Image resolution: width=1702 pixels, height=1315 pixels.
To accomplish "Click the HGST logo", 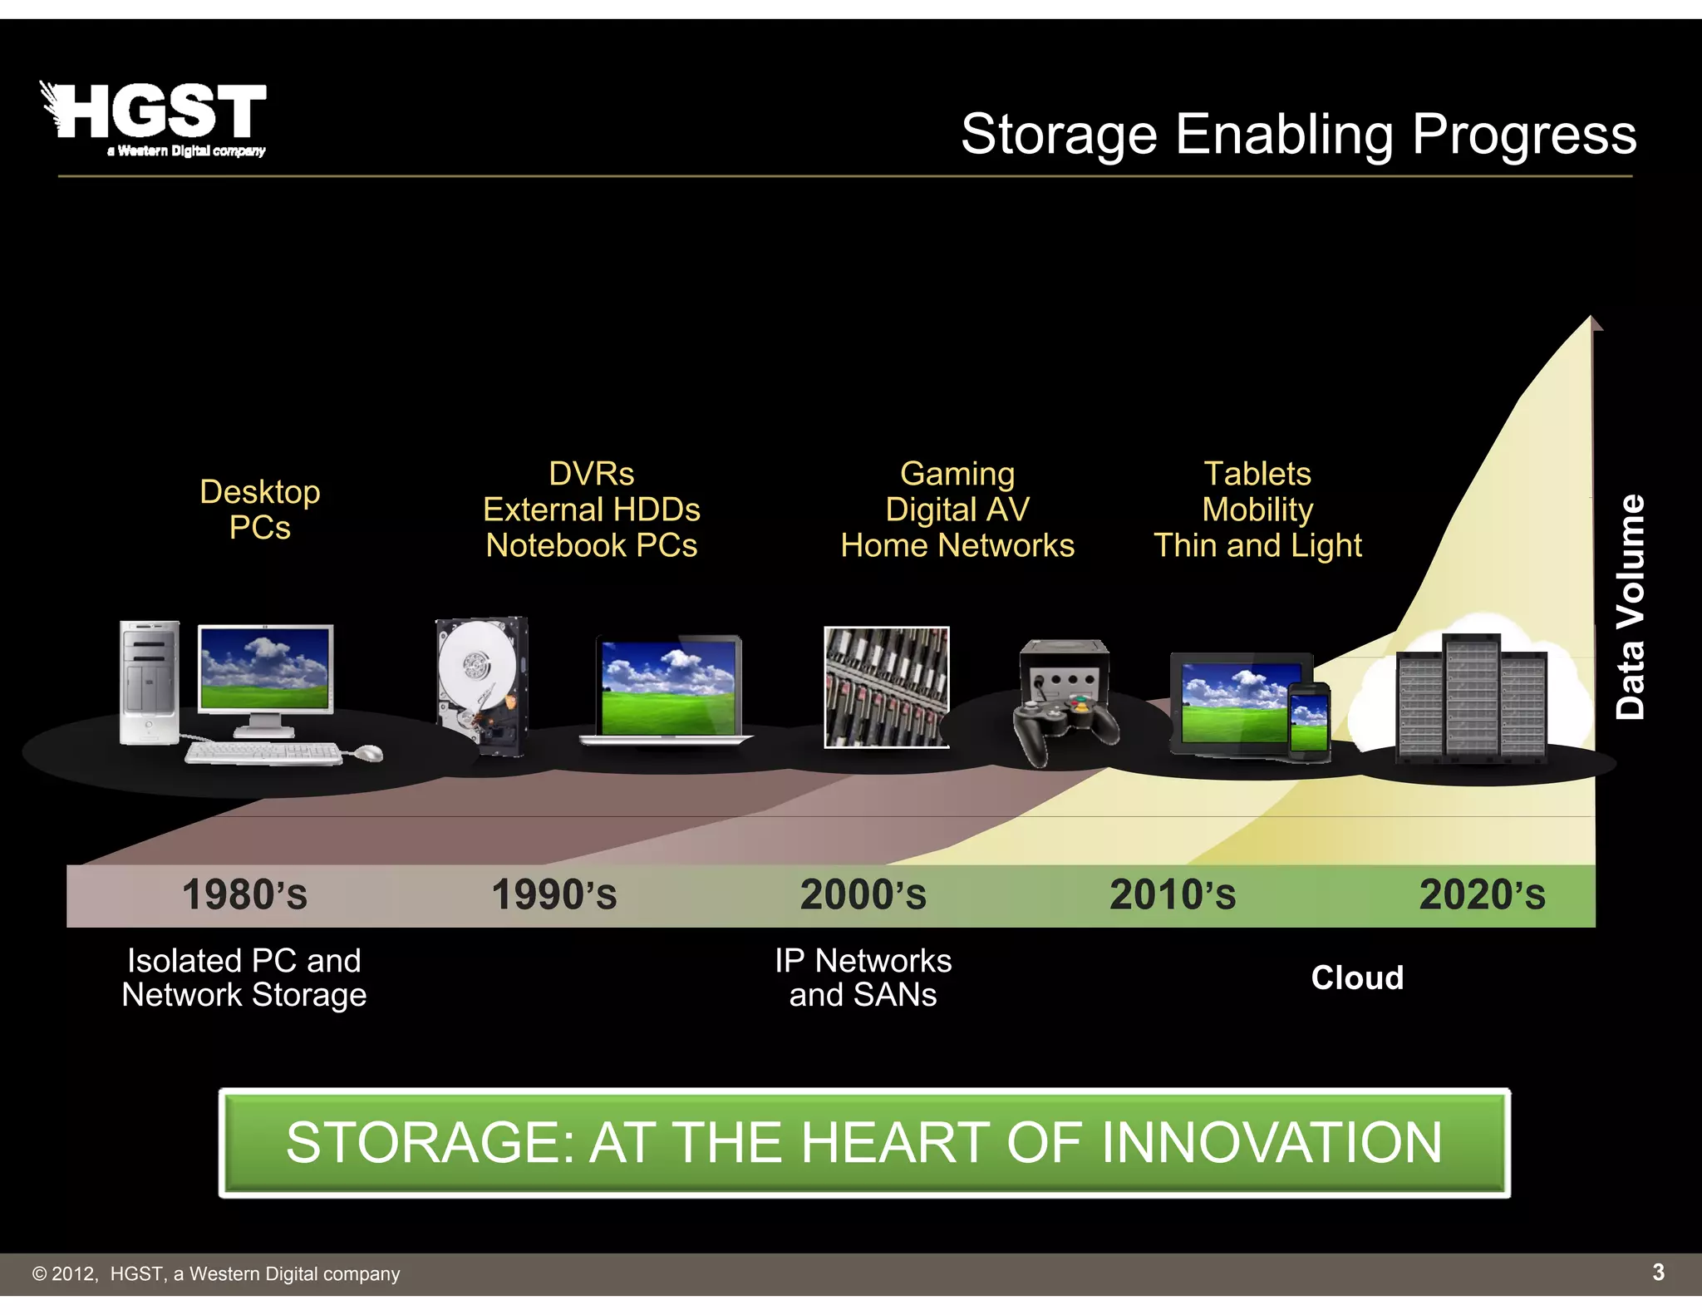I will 155,118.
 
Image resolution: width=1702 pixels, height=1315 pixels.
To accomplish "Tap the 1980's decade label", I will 244,895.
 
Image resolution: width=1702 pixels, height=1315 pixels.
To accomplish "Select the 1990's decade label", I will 554,895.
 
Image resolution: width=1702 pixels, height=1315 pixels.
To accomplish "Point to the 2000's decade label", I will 863,895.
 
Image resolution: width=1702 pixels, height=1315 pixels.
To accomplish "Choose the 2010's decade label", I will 1173,895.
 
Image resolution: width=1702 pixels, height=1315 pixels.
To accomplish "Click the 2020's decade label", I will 1482,895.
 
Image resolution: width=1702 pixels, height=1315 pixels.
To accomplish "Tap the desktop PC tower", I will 149,682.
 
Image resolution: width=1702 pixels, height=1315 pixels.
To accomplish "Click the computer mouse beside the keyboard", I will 367,753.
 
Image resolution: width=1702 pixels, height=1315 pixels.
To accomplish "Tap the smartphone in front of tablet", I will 1308,720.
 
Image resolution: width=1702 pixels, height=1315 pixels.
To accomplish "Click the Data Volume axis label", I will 1630,606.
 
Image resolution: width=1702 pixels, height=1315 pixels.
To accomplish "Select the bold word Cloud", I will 1356,978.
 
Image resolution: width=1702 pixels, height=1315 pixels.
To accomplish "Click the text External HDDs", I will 591,510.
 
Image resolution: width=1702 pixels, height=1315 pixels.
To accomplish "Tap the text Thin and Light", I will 1257,545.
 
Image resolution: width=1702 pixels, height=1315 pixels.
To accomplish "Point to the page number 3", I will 1658,1272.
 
